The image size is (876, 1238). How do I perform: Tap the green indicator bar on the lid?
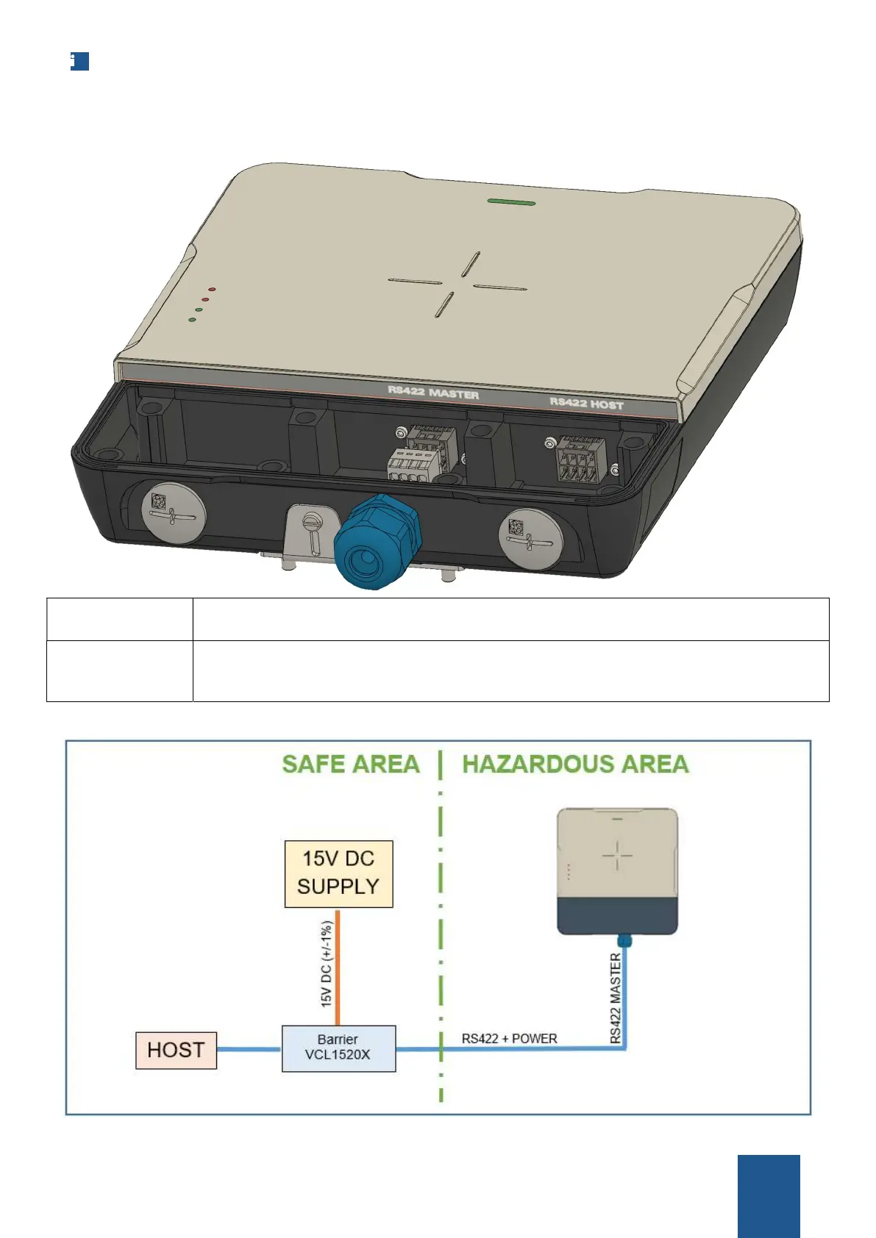(x=511, y=201)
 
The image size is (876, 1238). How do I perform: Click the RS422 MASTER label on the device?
(x=433, y=393)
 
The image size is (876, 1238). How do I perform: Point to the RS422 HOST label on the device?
(x=586, y=402)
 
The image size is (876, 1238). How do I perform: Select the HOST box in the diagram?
(x=176, y=1050)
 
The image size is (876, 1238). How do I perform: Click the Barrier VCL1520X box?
(x=338, y=1048)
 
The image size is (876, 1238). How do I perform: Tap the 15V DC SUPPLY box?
(x=338, y=873)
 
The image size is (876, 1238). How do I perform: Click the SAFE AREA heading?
(x=351, y=765)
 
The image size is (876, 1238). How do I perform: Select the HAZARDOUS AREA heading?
(x=575, y=765)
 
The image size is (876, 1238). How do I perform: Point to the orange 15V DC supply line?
(x=338, y=967)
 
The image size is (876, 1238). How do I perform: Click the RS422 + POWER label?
(x=509, y=1039)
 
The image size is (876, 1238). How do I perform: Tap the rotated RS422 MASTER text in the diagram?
(x=616, y=998)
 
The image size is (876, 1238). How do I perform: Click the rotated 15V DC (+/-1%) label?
(x=326, y=964)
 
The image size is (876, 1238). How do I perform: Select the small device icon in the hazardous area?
(x=617, y=871)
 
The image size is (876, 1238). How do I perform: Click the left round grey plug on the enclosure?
(x=173, y=512)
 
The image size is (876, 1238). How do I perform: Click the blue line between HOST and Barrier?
(x=249, y=1050)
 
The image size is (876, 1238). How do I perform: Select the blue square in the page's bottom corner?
(x=768, y=1196)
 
